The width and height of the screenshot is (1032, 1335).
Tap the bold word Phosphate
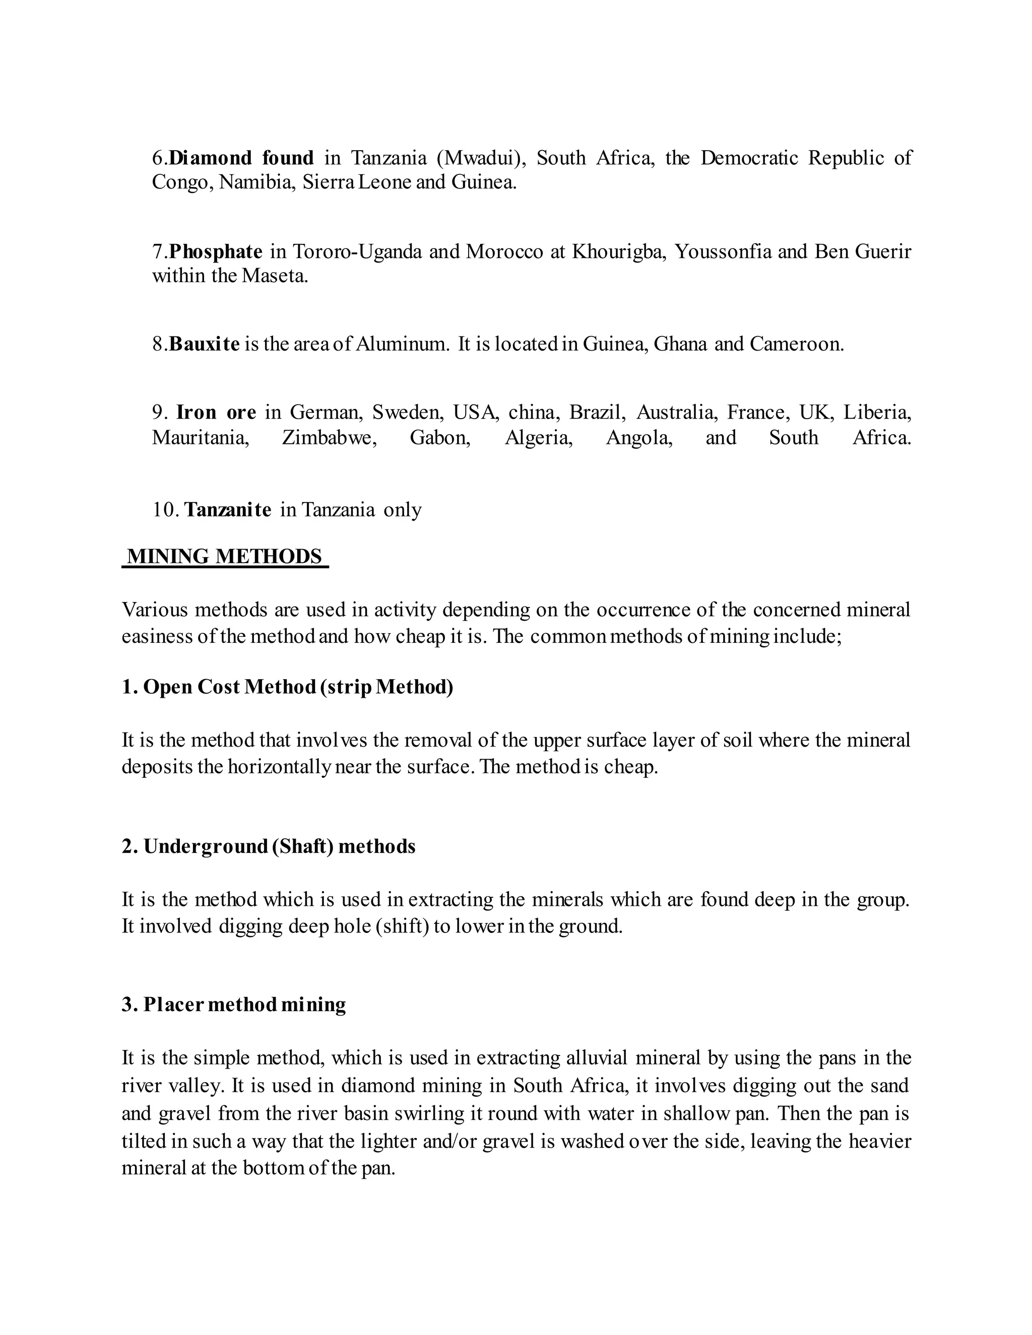(x=216, y=251)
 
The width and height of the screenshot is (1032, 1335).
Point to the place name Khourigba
(x=618, y=251)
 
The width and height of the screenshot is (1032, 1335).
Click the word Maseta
(x=274, y=276)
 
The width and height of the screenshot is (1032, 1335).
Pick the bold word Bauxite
(x=204, y=344)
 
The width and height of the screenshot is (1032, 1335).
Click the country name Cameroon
(x=797, y=344)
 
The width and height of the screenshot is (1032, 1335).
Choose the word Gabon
(x=440, y=438)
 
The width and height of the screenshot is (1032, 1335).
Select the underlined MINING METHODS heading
(x=225, y=556)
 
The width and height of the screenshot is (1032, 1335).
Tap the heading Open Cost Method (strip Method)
(x=287, y=687)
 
